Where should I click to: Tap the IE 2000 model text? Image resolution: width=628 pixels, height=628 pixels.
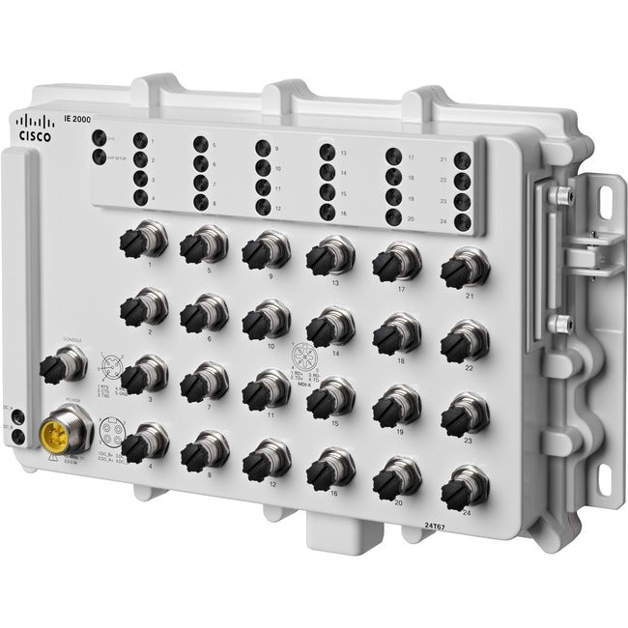[x=75, y=116]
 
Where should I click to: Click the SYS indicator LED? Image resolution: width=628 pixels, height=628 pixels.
[x=99, y=137]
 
